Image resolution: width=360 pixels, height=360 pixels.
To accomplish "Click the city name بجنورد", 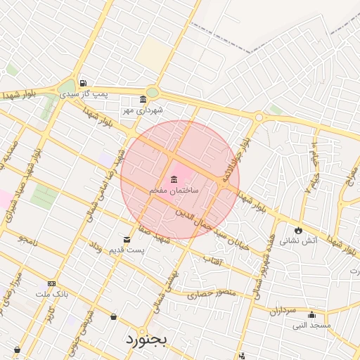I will [x=147, y=339].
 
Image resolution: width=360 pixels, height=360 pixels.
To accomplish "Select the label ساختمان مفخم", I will [x=174, y=191].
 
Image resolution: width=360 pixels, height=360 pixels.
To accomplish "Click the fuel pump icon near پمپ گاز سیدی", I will [x=84, y=82].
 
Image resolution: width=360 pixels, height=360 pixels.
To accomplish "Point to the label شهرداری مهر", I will [x=143, y=110].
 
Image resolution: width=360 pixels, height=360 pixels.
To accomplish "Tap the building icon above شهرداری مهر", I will [x=143, y=99].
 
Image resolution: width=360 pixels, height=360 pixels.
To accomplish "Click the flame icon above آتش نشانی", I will [x=299, y=229].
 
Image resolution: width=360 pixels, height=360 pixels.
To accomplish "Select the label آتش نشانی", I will [x=299, y=240].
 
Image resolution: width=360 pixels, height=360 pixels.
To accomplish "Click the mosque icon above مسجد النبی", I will [x=311, y=314].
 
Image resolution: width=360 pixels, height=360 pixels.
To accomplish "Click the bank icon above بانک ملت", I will [x=51, y=283].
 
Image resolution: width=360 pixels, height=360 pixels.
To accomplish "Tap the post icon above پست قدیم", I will [x=127, y=239].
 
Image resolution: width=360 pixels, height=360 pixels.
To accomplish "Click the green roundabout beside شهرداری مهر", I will [x=153, y=92].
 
